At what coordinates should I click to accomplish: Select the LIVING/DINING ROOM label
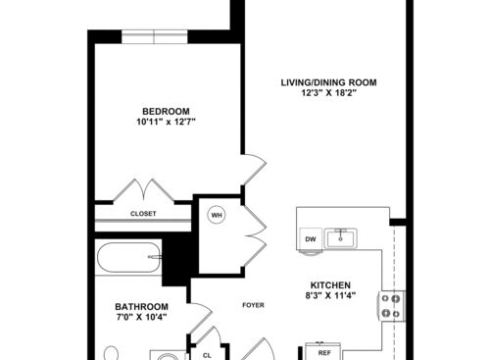click(x=329, y=82)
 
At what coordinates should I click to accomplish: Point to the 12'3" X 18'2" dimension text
click(x=329, y=94)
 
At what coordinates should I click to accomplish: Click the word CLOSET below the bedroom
click(x=143, y=213)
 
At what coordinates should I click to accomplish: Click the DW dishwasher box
click(x=310, y=238)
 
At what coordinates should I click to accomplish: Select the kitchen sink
click(x=343, y=236)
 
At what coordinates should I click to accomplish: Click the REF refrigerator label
click(x=324, y=350)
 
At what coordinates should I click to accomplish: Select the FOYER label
click(x=253, y=304)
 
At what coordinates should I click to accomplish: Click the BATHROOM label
click(x=141, y=306)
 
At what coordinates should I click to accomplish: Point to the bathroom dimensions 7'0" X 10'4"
click(x=142, y=318)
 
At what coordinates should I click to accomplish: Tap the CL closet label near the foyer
click(x=207, y=354)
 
